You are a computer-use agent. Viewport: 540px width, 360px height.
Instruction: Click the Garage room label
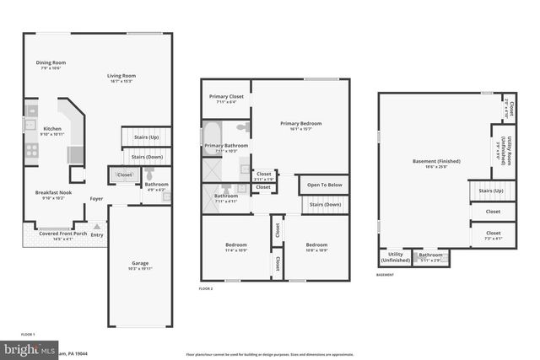(139, 265)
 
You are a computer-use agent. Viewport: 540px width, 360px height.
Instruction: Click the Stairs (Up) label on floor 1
(147, 137)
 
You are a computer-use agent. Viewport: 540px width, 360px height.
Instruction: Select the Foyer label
(97, 200)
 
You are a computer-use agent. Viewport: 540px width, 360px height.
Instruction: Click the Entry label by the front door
(97, 234)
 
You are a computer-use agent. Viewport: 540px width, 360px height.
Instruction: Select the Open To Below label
(324, 185)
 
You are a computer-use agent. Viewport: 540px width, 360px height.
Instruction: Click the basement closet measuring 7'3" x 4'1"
(493, 235)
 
